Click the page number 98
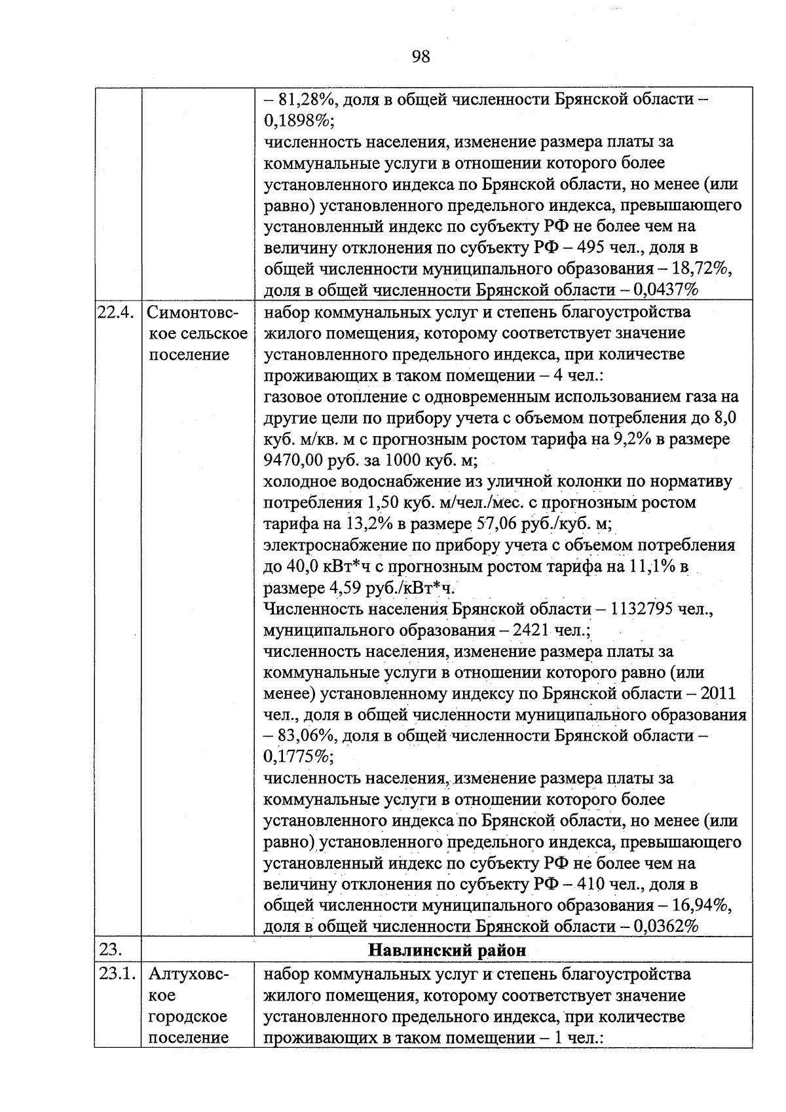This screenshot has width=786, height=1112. pos(421,56)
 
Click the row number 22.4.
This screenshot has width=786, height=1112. pos(116,312)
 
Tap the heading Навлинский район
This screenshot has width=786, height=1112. pos(447,950)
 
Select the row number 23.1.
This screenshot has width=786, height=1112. pos(116,974)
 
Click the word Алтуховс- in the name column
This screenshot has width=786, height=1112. pos(189,974)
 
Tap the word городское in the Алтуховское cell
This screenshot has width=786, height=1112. pos(188,1016)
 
